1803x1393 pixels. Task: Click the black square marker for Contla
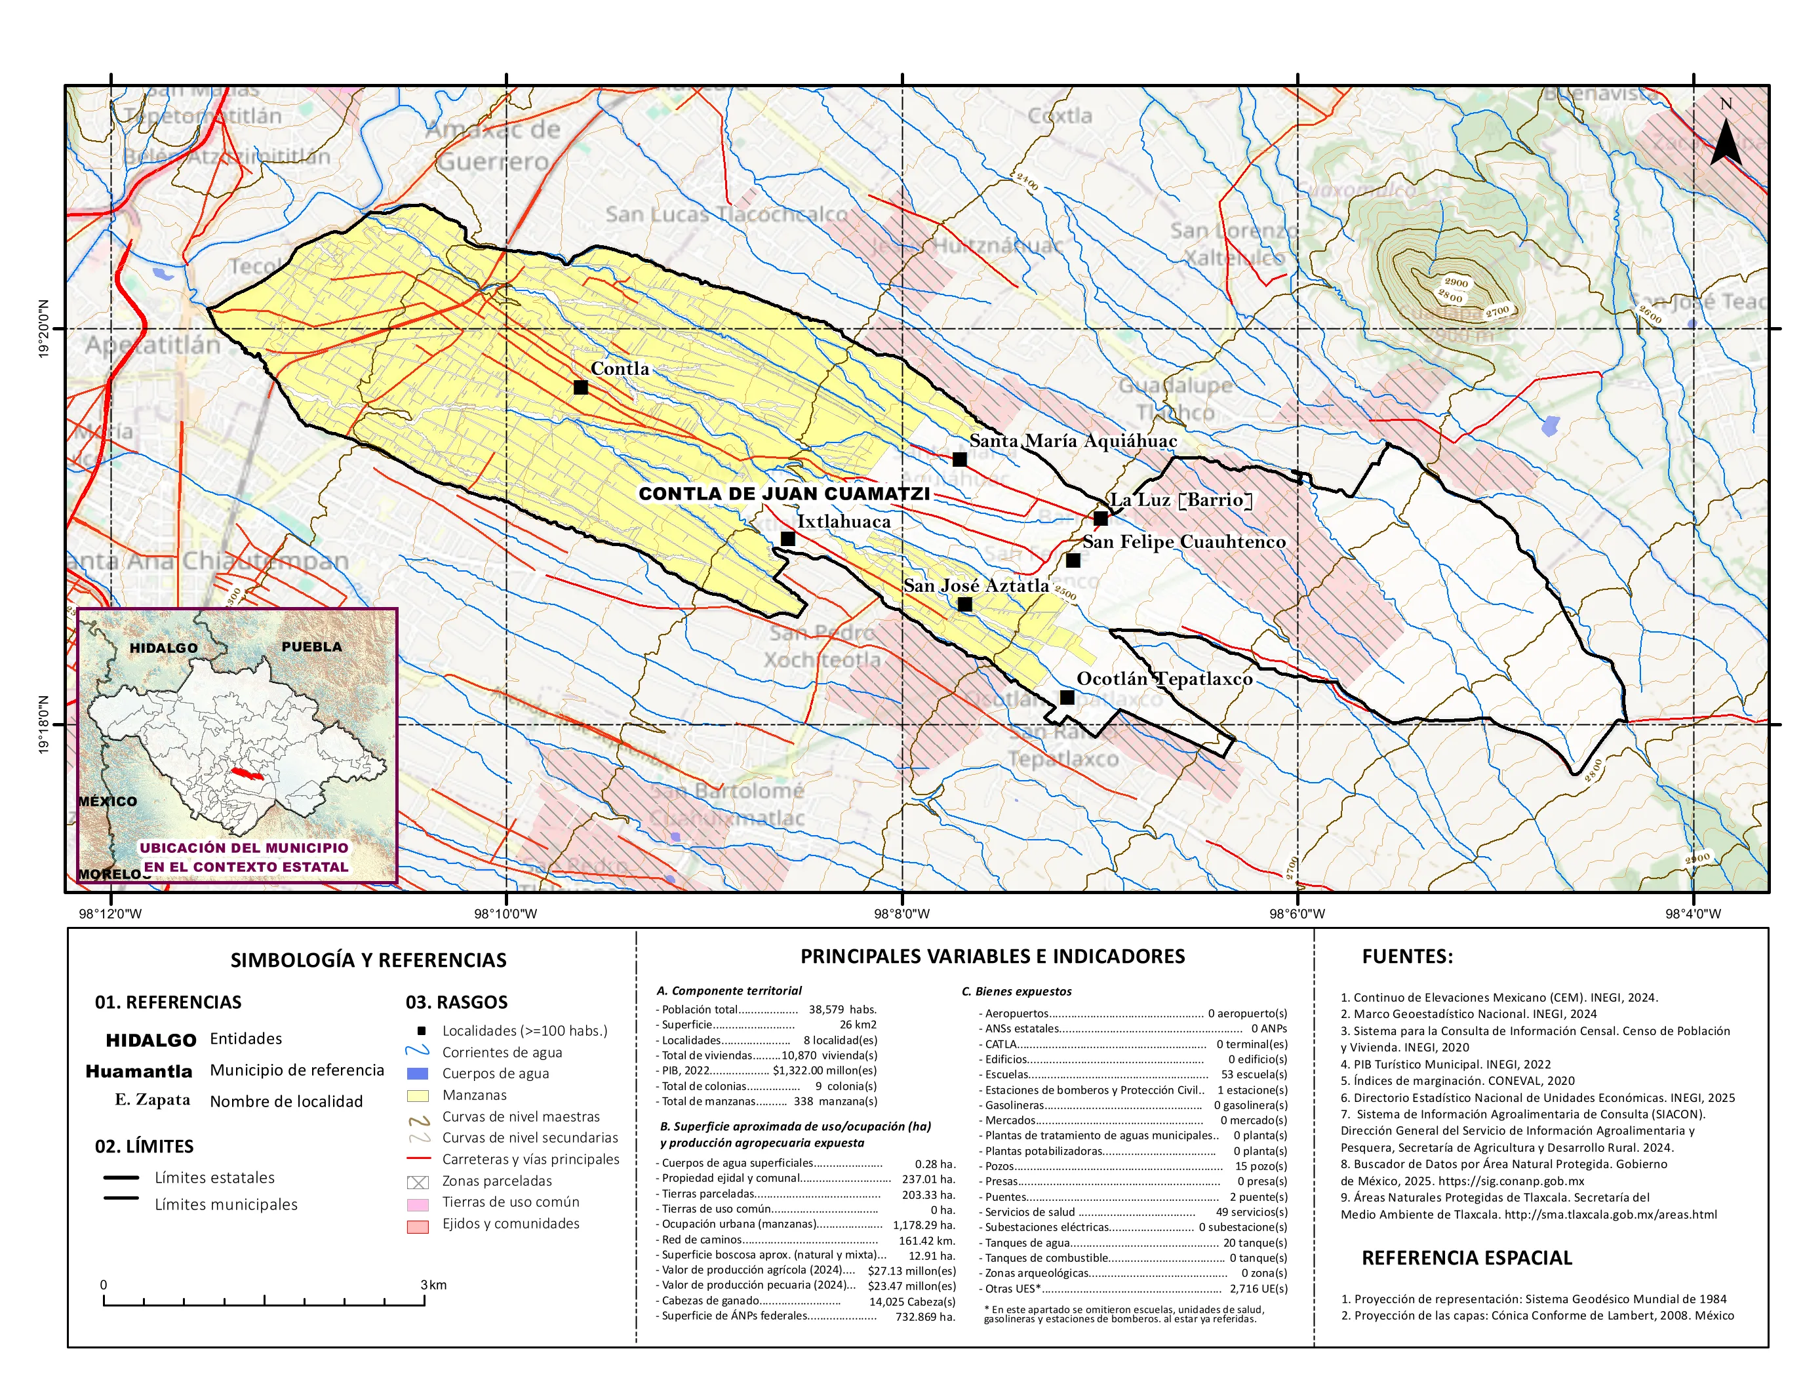(x=580, y=387)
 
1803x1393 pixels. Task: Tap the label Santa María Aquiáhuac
(x=1073, y=441)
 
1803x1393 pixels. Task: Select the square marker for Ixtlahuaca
(x=787, y=539)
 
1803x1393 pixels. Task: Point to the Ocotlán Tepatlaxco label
(x=1164, y=678)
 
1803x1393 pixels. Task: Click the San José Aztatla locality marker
(x=964, y=604)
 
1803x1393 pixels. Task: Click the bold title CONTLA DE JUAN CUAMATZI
(x=783, y=494)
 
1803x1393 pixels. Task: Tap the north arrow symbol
(x=1726, y=140)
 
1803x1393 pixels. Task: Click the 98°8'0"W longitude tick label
(x=902, y=914)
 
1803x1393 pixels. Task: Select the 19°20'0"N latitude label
(x=43, y=328)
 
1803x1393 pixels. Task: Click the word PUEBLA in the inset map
(x=311, y=646)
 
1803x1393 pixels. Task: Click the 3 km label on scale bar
(x=433, y=1285)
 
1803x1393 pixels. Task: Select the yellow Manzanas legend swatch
(x=418, y=1096)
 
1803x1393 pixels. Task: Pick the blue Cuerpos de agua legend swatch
(x=418, y=1074)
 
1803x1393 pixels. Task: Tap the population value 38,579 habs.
(x=842, y=1010)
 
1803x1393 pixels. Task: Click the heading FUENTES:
(x=1407, y=956)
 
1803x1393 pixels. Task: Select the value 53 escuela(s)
(x=1253, y=1074)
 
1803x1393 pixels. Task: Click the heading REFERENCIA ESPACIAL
(x=1466, y=1258)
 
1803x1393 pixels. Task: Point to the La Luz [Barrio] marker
(x=1100, y=519)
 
